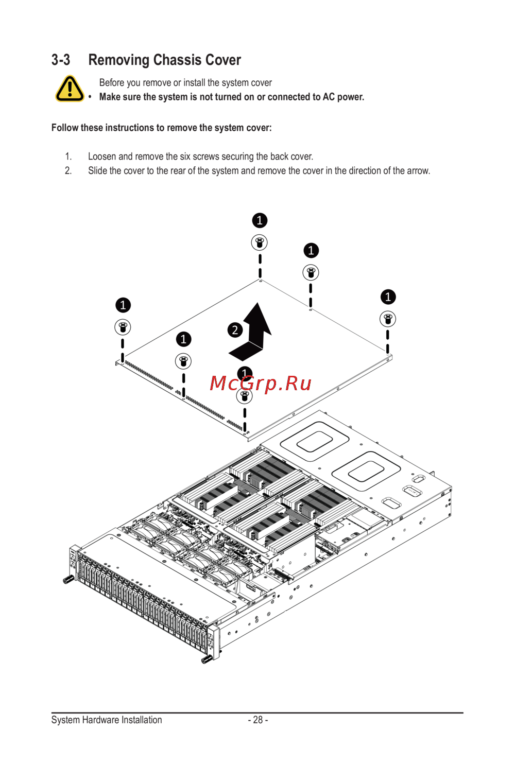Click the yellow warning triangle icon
70,89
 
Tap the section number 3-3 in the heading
61,60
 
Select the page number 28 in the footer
258,720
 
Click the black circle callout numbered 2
235,330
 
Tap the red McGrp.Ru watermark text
261,384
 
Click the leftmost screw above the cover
123,327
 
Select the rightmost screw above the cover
388,319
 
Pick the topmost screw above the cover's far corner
260,242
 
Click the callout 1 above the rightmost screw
388,297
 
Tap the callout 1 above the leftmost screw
123,305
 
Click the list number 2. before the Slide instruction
68,171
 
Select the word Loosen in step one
102,157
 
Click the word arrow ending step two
418,171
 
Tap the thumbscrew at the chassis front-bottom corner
207,659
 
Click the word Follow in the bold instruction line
65,128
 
